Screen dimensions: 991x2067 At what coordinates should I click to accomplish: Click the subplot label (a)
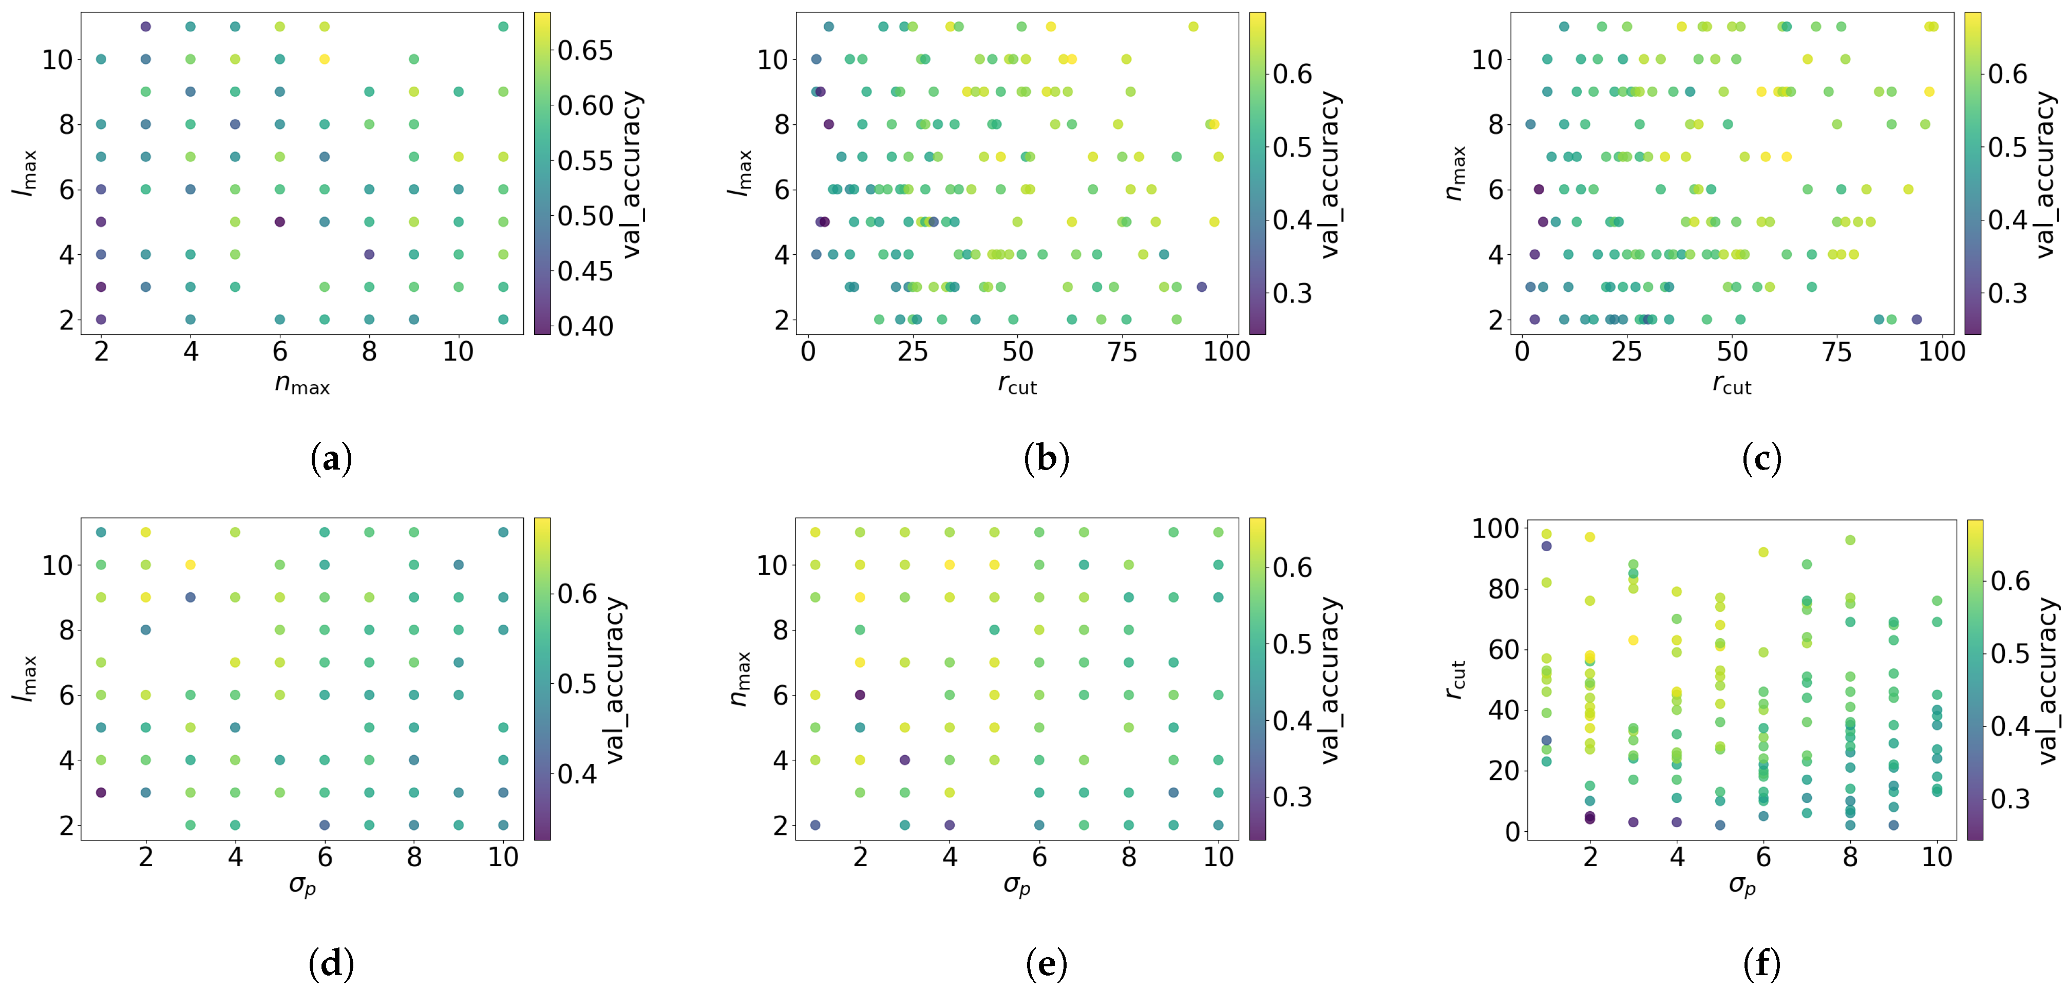331,458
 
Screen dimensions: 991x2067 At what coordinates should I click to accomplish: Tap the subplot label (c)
1761,458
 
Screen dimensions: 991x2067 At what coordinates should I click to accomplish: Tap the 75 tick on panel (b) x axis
1122,351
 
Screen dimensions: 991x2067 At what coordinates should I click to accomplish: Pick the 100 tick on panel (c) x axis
1941,351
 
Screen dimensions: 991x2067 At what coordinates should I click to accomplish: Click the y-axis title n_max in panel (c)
1455,173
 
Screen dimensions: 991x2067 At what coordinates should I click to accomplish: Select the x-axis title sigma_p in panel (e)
1017,885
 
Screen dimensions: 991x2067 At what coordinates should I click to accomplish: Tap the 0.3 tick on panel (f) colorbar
2010,798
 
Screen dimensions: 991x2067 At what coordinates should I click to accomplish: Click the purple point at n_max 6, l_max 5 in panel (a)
280,221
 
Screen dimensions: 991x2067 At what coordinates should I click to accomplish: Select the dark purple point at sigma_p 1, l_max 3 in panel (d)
101,792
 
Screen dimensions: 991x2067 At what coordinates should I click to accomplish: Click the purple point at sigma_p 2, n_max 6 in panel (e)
860,695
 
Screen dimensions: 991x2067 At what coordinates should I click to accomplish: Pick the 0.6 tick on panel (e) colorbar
1293,567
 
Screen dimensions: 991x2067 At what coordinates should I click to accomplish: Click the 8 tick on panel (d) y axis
67,630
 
